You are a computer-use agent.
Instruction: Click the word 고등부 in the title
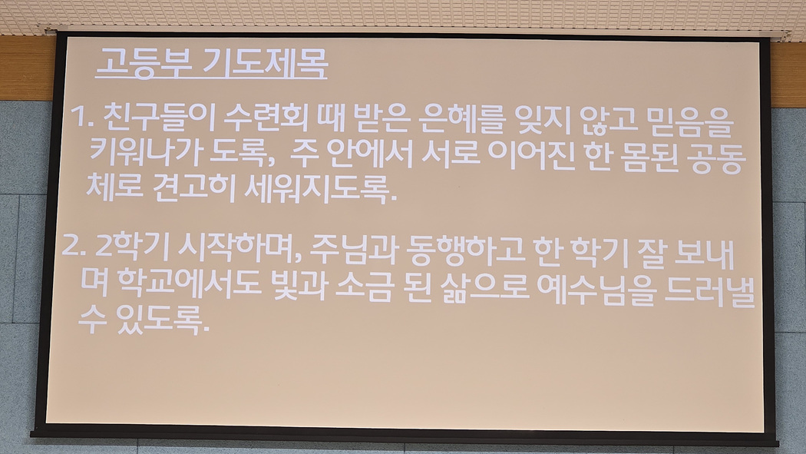tap(144, 63)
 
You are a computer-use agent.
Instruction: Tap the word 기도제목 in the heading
tap(265, 63)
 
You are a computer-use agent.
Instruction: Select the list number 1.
tap(81, 117)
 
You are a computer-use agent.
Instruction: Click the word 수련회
tap(266, 118)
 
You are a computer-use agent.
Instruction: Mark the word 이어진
tap(531, 155)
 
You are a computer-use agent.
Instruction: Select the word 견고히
tap(193, 187)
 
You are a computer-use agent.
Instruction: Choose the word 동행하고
tap(465, 252)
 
